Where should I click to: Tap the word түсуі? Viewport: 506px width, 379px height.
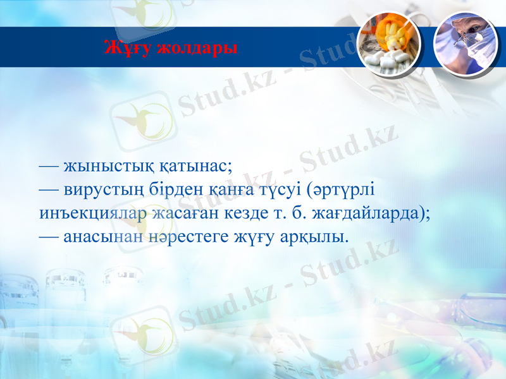tap(279, 190)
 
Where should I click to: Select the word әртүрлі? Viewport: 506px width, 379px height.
tap(342, 190)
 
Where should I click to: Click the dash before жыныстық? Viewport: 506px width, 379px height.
tap(49, 167)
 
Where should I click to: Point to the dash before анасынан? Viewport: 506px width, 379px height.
tap(49, 238)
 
